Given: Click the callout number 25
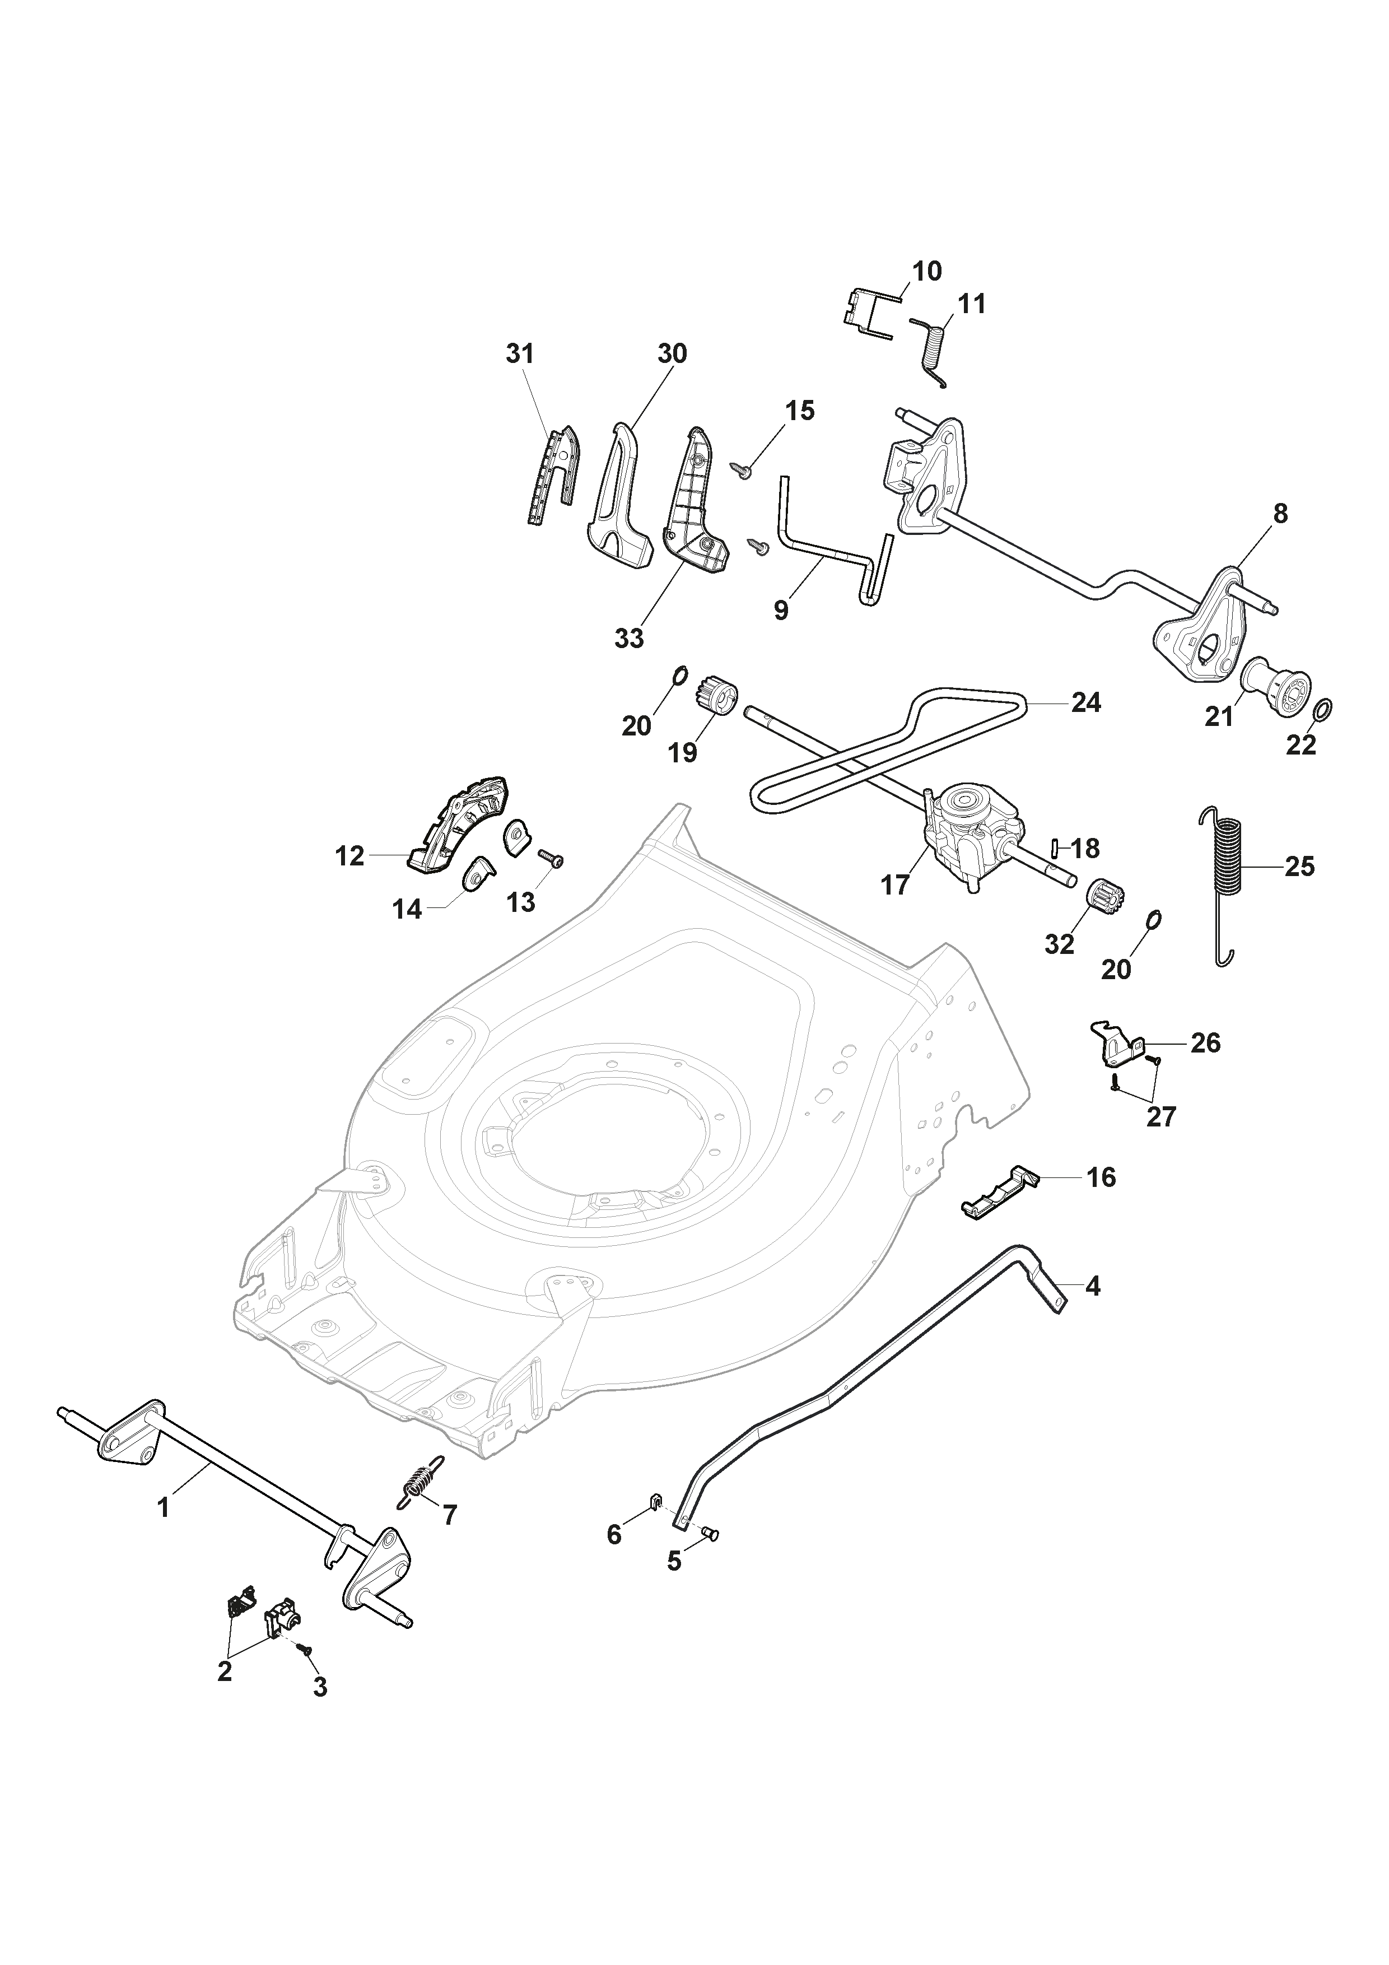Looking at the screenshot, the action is click(x=1299, y=867).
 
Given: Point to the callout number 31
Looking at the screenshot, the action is click(x=520, y=353).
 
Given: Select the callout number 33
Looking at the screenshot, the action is click(x=629, y=639).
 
